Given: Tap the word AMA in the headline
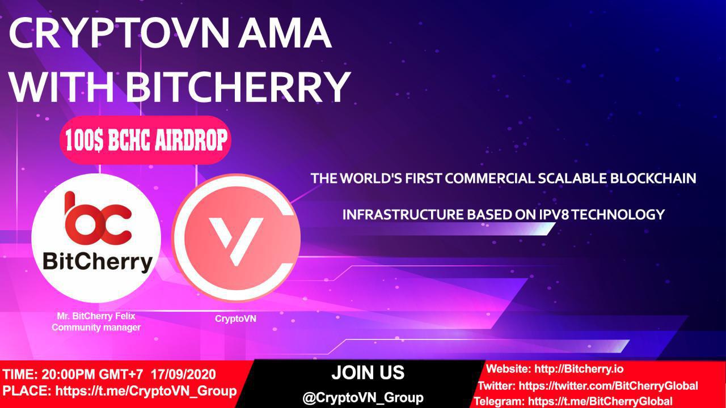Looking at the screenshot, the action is [x=285, y=33].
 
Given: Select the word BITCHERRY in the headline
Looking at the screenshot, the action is [x=239, y=87].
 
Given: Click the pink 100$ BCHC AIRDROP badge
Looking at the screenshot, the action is [x=146, y=140].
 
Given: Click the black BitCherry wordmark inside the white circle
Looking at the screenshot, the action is [x=98, y=262].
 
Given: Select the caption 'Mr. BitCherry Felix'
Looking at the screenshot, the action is [x=96, y=316].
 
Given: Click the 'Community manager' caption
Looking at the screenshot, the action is [x=96, y=328].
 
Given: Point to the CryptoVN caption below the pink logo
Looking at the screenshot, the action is [x=235, y=318].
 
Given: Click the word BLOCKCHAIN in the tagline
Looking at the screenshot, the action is [x=653, y=178].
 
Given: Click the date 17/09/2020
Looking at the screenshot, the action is [x=183, y=375].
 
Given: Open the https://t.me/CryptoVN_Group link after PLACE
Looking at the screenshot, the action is [x=146, y=391].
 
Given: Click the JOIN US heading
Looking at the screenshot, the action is [x=368, y=373].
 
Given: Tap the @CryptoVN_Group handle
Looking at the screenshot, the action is [x=363, y=398].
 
